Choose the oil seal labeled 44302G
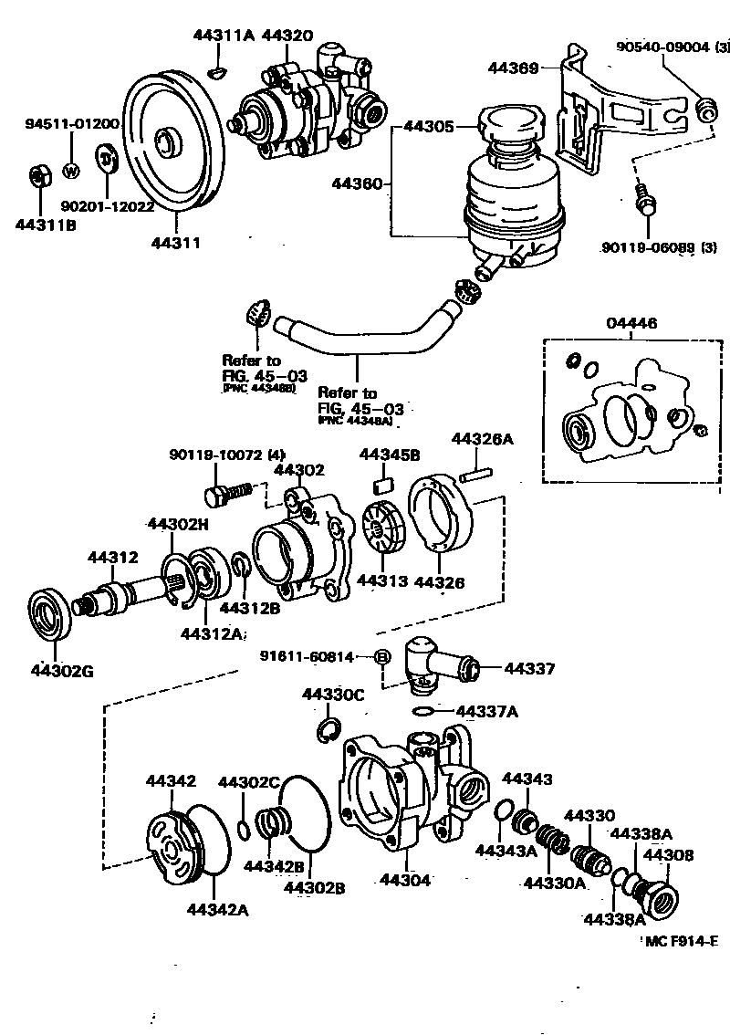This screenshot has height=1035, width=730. coord(54,620)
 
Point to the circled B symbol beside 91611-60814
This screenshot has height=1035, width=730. coord(383,655)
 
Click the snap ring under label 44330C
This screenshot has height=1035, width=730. coord(329,731)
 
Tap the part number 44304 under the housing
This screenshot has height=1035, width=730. coord(403,880)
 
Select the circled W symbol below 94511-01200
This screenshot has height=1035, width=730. coord(69,170)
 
